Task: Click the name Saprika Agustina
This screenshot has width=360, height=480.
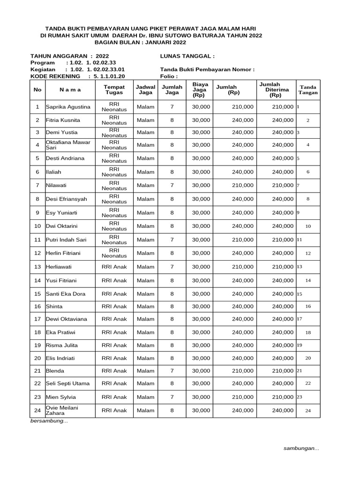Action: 68,107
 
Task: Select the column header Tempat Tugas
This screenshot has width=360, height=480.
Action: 114,90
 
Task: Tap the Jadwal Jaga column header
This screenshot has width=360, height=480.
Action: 145,90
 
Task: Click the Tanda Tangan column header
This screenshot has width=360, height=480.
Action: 308,90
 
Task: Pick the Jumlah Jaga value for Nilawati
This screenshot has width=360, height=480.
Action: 172,185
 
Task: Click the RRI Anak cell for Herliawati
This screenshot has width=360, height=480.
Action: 114,267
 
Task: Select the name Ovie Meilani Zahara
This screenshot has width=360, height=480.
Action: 62,411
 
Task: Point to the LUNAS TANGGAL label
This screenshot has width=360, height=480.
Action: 187,56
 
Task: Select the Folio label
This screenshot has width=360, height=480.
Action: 169,76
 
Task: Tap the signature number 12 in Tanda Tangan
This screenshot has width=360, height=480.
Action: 308,253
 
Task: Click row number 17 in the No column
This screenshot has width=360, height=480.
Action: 37,319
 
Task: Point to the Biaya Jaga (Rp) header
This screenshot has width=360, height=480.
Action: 201,90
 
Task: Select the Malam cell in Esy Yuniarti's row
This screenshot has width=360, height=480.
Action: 145,212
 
